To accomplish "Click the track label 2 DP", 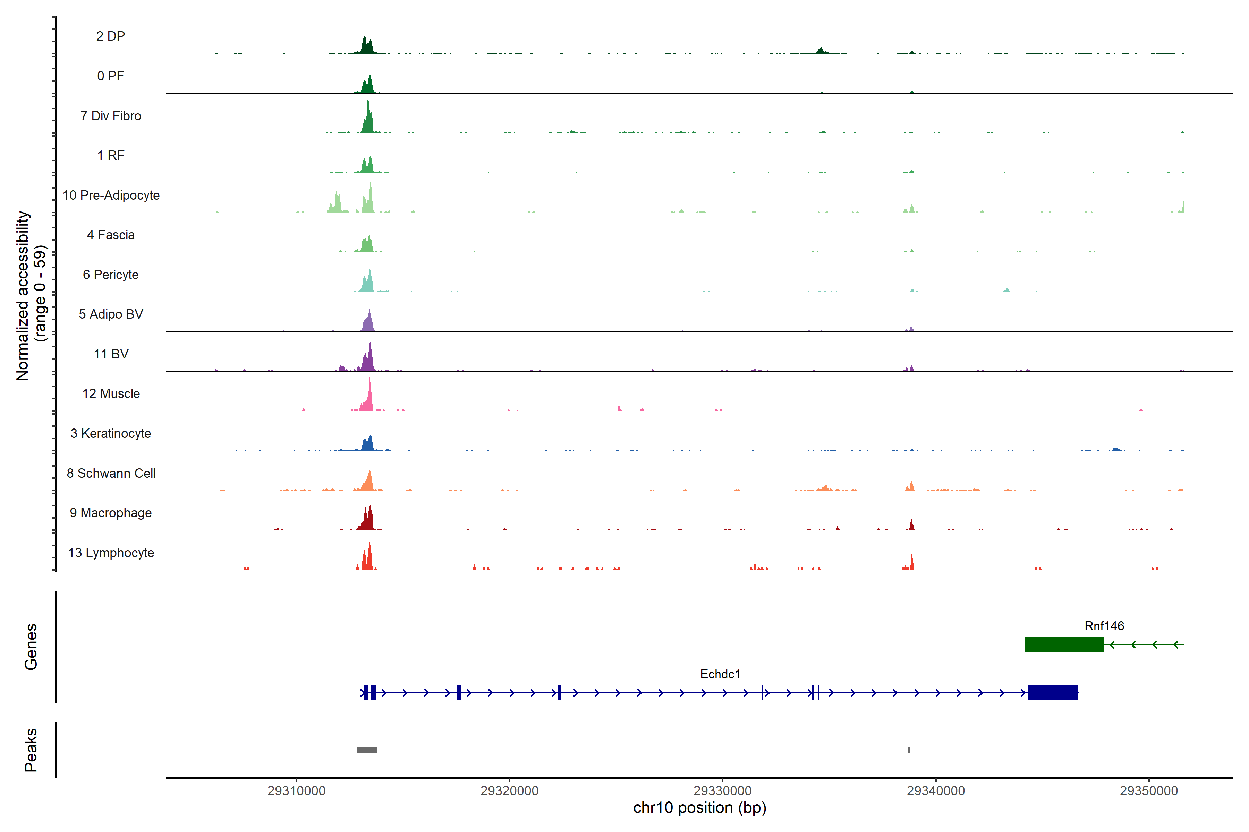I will point(110,36).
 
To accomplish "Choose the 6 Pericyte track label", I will point(110,275).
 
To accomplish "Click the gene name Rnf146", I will point(1104,626).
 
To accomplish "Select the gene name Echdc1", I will point(720,674).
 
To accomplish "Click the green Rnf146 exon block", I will point(1064,644).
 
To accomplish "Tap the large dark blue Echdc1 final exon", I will point(1053,692).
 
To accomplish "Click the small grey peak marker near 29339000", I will point(909,750).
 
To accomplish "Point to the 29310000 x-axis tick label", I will point(296,791).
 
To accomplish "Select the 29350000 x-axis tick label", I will point(1149,791).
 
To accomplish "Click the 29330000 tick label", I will point(723,791).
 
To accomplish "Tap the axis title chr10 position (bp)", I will point(699,808).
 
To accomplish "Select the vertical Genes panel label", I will point(31,647).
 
